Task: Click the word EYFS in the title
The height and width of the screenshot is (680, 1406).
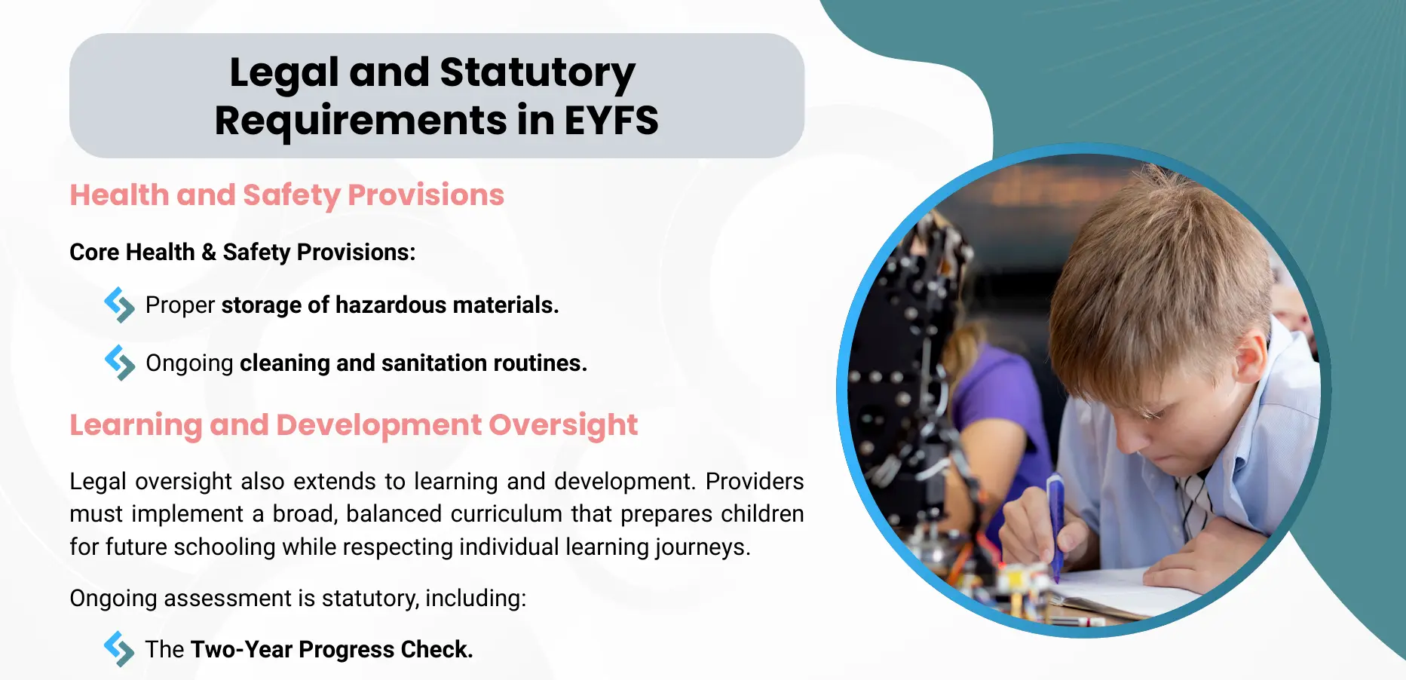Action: [x=611, y=121]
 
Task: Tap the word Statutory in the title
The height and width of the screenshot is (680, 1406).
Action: [x=538, y=74]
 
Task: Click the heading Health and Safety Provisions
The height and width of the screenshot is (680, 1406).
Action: [x=286, y=195]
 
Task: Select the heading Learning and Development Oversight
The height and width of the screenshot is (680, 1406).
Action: [x=354, y=426]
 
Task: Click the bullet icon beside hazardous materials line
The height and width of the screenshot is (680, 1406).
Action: [x=119, y=305]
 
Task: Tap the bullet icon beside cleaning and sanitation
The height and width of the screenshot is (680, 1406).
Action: [x=119, y=363]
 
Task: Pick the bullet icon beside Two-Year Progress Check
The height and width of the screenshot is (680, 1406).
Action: [x=119, y=648]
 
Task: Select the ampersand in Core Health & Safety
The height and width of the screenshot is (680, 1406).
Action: [x=209, y=252]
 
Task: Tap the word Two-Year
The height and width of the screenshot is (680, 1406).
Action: [x=241, y=649]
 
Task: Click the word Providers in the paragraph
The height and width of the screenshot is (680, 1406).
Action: [x=755, y=481]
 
